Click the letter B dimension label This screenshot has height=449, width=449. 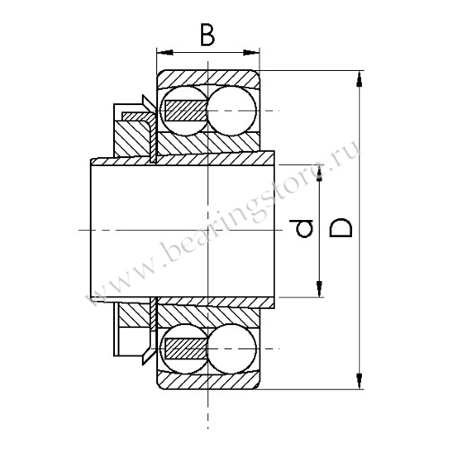click(207, 37)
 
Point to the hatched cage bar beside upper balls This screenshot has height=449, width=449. click(185, 110)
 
